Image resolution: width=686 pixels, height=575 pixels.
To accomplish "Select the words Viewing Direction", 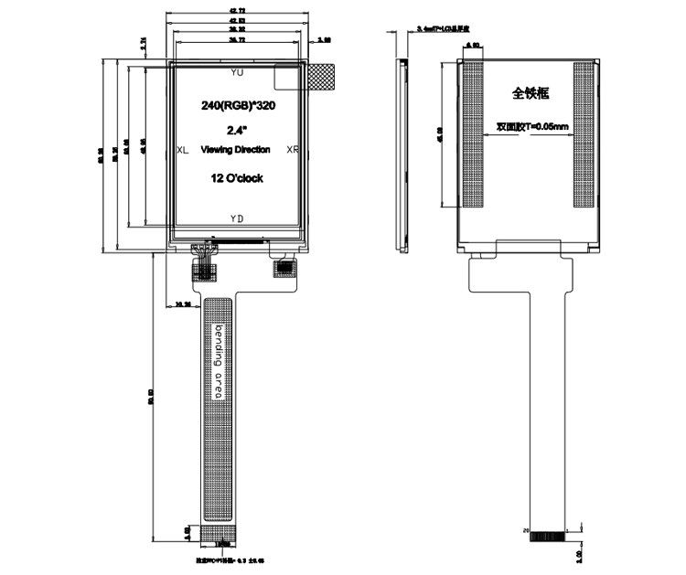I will [235, 149].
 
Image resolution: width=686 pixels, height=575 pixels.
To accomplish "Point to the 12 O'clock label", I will [237, 178].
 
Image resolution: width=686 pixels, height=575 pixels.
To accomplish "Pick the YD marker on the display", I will [237, 218].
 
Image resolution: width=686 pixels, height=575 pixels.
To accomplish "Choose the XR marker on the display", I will [292, 149].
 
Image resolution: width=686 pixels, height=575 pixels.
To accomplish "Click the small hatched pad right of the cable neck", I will [287, 269].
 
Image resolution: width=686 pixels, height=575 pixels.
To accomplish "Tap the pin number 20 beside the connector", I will [525, 529].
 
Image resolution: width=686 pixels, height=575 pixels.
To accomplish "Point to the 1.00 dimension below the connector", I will [581, 554].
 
